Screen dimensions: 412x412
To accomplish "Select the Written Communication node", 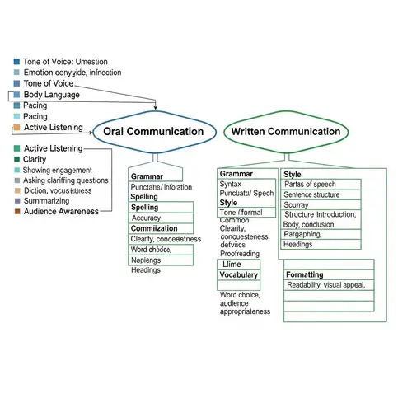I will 286,132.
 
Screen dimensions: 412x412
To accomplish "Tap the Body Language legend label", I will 51,95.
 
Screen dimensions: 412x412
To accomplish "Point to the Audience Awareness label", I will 61,211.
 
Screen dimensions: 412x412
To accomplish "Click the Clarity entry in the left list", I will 35,159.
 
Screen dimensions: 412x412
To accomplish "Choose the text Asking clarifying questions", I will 66,180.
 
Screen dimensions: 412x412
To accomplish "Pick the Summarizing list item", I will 46,200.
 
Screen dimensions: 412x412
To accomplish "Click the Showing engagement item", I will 58,170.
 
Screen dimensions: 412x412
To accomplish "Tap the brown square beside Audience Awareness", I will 17,212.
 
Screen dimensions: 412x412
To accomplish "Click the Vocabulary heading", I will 239,274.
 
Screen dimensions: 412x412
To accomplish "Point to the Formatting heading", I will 304,274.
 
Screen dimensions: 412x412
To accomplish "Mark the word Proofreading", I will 241,254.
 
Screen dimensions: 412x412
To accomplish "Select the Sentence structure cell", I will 311,194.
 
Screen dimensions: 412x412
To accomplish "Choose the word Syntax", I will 231,184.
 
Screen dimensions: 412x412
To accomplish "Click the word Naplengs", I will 146,260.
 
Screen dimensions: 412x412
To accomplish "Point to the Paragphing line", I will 303,234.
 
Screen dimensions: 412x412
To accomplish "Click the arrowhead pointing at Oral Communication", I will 156,107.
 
